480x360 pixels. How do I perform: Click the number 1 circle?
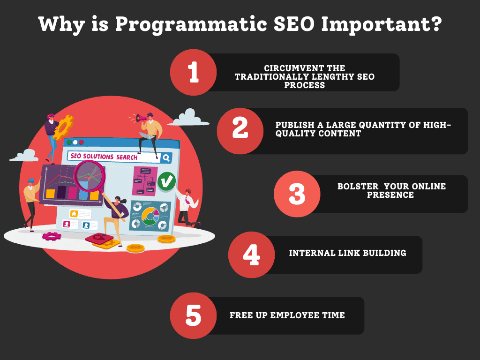pos(193,72)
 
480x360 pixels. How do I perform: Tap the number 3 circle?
pos(297,194)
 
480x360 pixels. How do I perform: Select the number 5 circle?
pos(193,315)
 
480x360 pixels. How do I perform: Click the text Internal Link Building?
pos(347,253)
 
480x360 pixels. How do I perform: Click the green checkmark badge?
pos(166,181)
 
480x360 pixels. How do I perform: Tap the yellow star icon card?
pos(74,214)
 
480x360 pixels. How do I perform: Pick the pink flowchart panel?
pos(144,180)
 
